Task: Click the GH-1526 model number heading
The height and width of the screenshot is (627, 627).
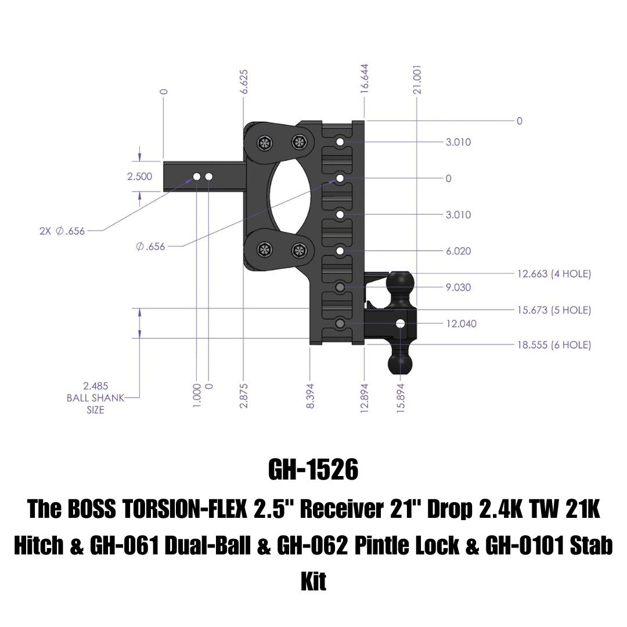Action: [313, 470]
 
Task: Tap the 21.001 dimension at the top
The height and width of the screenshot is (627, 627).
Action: [417, 80]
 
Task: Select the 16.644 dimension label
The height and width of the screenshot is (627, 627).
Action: [364, 79]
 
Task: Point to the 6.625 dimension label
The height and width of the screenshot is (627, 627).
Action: [243, 82]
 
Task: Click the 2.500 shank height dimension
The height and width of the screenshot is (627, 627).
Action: [139, 176]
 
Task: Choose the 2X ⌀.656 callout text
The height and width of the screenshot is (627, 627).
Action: [62, 230]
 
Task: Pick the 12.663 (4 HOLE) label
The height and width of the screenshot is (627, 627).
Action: [554, 274]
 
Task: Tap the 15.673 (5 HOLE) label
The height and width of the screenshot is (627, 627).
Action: [554, 310]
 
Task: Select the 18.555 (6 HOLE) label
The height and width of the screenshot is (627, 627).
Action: [554, 345]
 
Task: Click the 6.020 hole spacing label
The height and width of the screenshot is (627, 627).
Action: [458, 251]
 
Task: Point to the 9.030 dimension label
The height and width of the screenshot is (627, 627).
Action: [458, 287]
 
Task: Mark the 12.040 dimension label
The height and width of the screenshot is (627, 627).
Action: [462, 323]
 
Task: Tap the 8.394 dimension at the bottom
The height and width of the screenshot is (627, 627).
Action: [310, 396]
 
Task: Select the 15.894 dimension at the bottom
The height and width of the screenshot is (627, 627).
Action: [401, 396]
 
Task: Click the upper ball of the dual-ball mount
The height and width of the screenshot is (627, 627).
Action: [400, 284]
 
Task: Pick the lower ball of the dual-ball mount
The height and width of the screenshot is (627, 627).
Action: [400, 362]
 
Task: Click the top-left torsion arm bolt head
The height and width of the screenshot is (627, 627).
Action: [265, 143]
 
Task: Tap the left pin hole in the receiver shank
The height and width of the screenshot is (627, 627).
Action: [197, 176]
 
